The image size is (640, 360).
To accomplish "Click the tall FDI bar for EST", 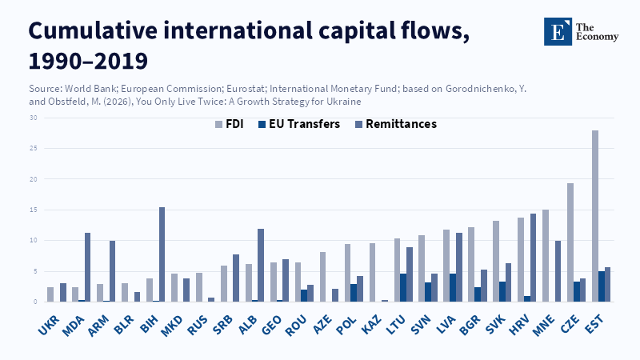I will coord(595,216).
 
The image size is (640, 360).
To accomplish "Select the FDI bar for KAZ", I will coord(372,272).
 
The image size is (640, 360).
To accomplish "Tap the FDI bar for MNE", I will coord(546,256).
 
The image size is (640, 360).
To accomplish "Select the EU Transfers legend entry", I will coord(302,125).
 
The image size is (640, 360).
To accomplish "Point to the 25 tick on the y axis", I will coord(34,148).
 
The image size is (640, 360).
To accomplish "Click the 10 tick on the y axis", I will coord(34,240).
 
